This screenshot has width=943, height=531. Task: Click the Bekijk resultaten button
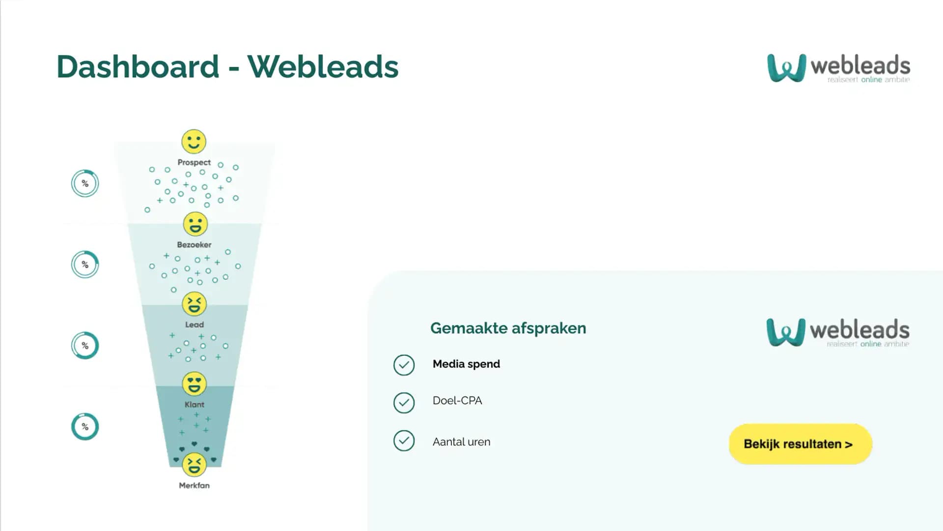tap(800, 444)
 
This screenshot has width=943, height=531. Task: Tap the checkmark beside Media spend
tap(404, 365)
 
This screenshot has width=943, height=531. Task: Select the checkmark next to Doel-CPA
tap(404, 403)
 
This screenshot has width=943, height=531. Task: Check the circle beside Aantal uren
tap(404, 441)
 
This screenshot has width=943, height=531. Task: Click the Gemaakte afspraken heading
tap(508, 328)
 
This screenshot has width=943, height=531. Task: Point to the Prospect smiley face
tap(194, 142)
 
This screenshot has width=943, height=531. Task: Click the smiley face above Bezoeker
tap(195, 224)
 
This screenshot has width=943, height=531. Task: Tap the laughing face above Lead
tap(194, 304)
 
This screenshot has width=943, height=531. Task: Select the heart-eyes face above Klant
tap(194, 384)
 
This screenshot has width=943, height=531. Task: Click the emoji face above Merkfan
tap(194, 464)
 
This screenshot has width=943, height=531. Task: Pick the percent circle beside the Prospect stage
tap(85, 183)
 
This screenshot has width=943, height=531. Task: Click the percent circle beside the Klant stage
tap(85, 426)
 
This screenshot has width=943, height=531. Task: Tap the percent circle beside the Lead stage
tap(85, 345)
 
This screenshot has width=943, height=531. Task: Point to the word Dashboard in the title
tap(138, 66)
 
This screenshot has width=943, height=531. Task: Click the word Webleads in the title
tap(323, 66)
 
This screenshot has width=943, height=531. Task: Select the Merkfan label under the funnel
tap(194, 485)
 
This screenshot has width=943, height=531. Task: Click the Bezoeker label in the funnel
tap(194, 244)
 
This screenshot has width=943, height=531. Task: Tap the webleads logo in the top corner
tap(838, 68)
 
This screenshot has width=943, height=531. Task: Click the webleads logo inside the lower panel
tap(837, 332)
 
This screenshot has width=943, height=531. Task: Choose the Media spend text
tap(466, 364)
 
